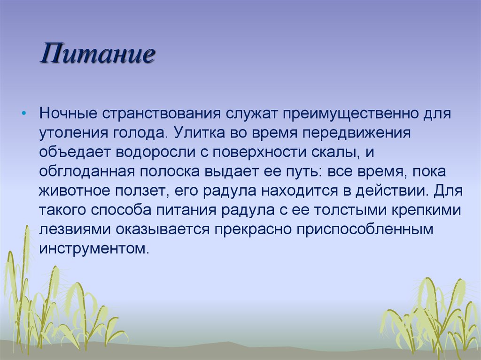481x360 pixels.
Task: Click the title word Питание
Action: pos(97,54)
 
